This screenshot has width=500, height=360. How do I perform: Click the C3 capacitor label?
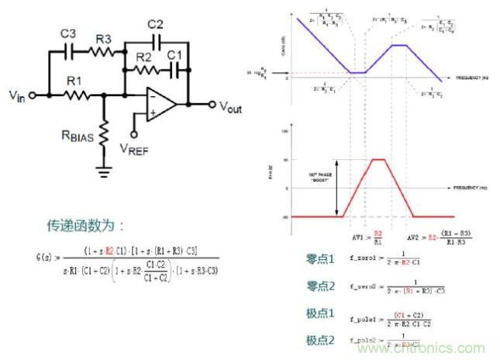click(x=67, y=34)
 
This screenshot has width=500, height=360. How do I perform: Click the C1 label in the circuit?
click(x=176, y=56)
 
